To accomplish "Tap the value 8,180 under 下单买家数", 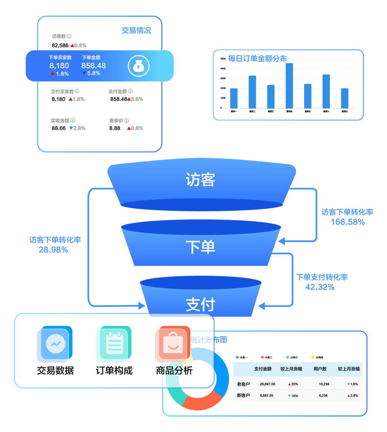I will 59,66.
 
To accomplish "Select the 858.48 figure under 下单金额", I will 93,66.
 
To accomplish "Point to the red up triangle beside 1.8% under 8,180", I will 53,74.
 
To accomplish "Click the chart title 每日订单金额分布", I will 257,58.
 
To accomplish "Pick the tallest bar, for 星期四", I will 289,86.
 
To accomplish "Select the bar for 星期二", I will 252,92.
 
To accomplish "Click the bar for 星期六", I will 326,91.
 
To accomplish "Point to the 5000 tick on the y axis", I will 223,59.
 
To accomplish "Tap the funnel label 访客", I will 200,180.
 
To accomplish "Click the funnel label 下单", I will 200,247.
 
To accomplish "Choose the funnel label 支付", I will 200,305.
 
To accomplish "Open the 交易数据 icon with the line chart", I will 55,343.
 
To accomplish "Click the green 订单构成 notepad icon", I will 114,343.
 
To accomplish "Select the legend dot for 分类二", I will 262,357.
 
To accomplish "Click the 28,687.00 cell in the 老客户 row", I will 267,384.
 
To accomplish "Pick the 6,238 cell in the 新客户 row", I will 323,396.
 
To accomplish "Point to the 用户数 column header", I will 320,369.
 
